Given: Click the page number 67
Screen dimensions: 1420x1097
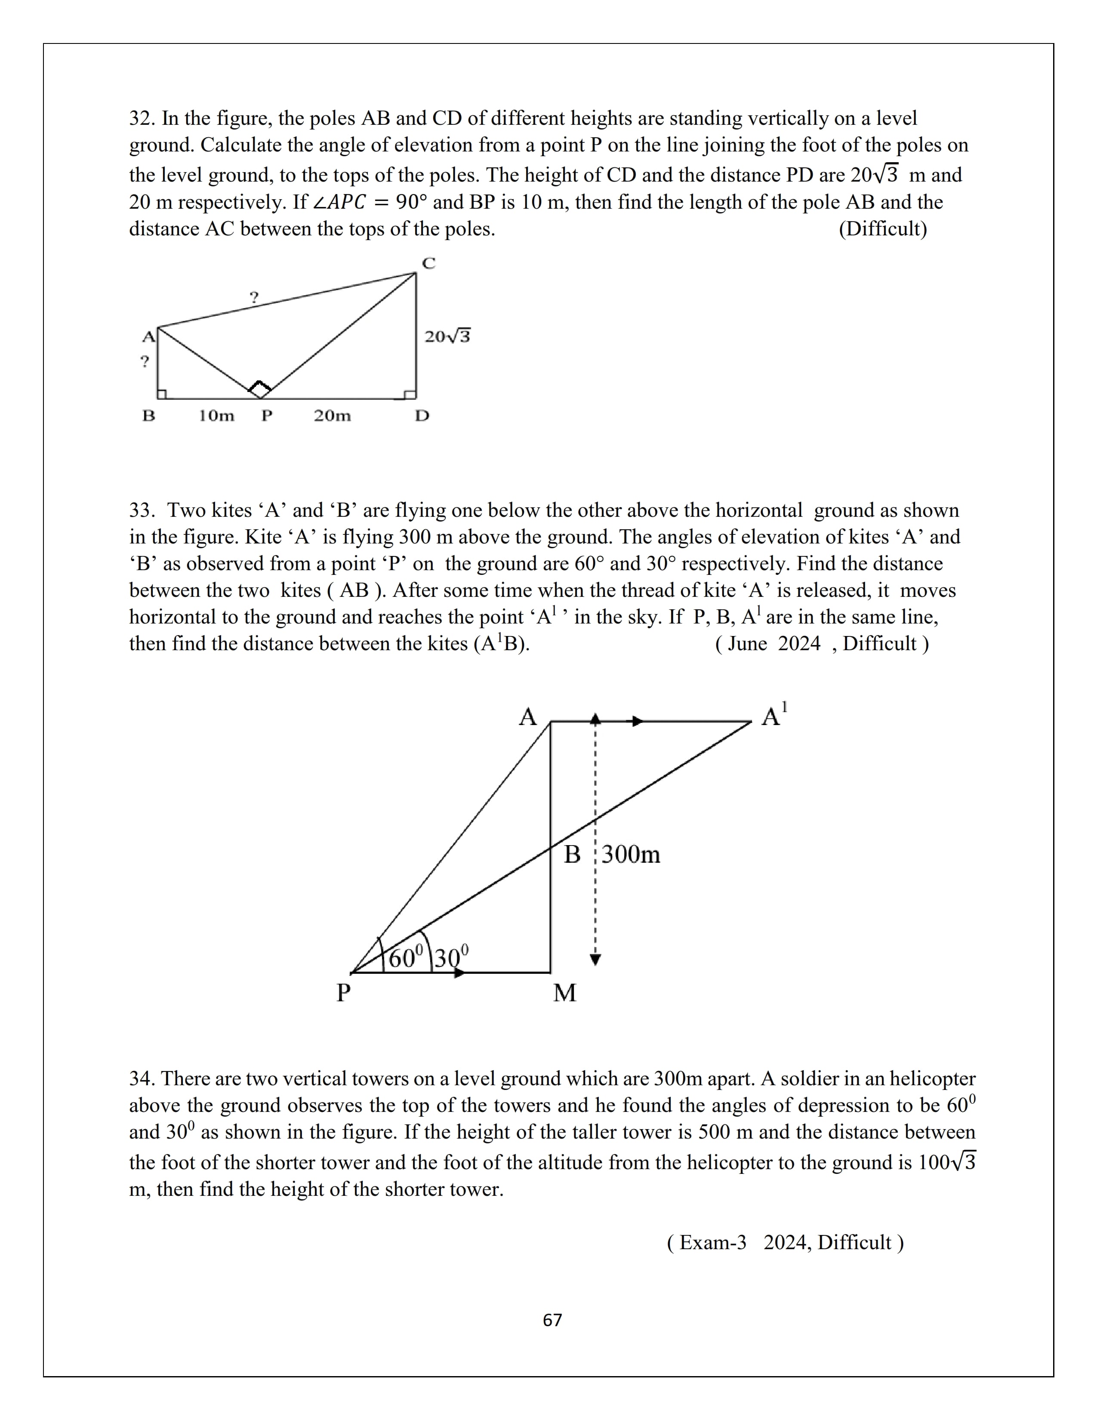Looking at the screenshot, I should [x=552, y=1320].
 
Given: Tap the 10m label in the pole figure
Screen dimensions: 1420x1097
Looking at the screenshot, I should [x=216, y=416].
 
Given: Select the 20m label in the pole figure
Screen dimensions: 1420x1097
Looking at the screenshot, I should [x=332, y=416].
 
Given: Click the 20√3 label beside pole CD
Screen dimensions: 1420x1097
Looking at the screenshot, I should [x=447, y=336].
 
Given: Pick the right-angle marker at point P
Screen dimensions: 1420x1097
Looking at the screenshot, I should [x=259, y=388].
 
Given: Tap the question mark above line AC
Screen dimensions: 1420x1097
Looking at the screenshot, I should [x=254, y=298].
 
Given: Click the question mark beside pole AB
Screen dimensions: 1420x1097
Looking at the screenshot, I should [x=145, y=361].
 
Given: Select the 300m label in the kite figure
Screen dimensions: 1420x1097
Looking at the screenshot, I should [x=630, y=854].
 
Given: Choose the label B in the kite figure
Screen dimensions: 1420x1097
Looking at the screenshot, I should [x=572, y=854].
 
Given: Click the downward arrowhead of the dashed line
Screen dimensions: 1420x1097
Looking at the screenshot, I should [x=595, y=960].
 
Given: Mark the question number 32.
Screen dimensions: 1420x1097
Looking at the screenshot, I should [x=140, y=118].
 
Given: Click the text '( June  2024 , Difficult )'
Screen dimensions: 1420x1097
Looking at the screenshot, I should [x=821, y=644].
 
